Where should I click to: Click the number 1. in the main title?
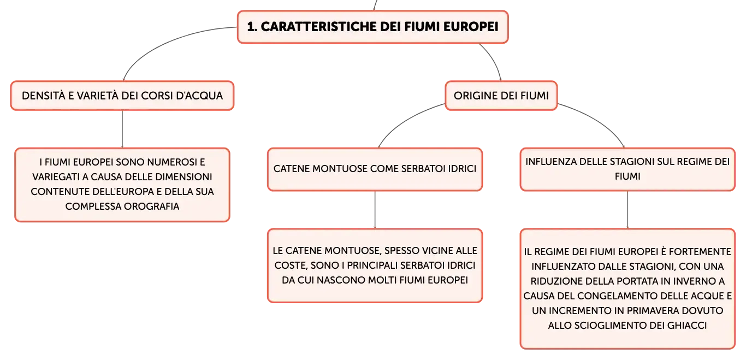[252, 27]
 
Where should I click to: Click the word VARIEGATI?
[56, 177]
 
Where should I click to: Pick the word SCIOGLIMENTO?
[608, 326]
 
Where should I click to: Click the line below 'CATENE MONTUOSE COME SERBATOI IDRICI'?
[375, 210]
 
